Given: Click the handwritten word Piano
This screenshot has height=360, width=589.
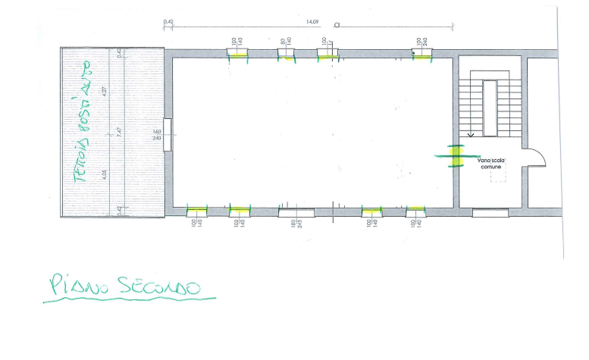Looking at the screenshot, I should pos(73,286).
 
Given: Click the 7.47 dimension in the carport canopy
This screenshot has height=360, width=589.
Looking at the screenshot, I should pos(119,132).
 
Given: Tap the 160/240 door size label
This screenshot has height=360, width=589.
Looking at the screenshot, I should pos(158,135).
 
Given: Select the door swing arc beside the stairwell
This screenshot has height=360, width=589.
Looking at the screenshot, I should pos(539,155).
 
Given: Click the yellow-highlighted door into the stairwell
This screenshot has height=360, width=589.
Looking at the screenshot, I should pos(455,155).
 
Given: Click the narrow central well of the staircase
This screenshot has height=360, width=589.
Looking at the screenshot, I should pos(490,106).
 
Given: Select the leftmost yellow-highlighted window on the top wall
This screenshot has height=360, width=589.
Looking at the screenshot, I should pos(238,53).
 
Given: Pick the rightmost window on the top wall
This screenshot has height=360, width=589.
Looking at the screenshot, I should pos(421,53).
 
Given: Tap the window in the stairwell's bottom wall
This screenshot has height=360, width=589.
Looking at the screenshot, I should pos(490,212).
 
